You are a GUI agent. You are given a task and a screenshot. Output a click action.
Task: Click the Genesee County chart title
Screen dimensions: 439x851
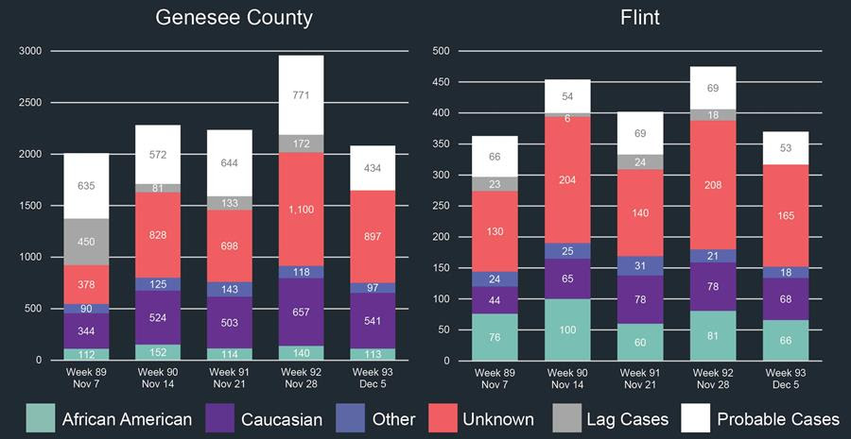tap(234, 18)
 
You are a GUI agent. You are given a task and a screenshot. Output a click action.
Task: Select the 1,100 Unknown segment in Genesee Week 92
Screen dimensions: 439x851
tap(300, 210)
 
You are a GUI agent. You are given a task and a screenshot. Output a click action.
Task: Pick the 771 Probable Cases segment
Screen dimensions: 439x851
tap(300, 95)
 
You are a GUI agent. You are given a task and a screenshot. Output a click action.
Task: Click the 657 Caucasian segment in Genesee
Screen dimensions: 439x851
tap(300, 312)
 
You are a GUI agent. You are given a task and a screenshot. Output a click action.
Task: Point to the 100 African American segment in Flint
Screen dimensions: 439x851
tap(566, 329)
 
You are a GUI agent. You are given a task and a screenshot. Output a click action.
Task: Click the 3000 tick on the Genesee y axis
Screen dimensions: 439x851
tap(30, 51)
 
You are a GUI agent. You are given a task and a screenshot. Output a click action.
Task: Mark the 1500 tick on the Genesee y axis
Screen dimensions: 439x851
tap(30, 206)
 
